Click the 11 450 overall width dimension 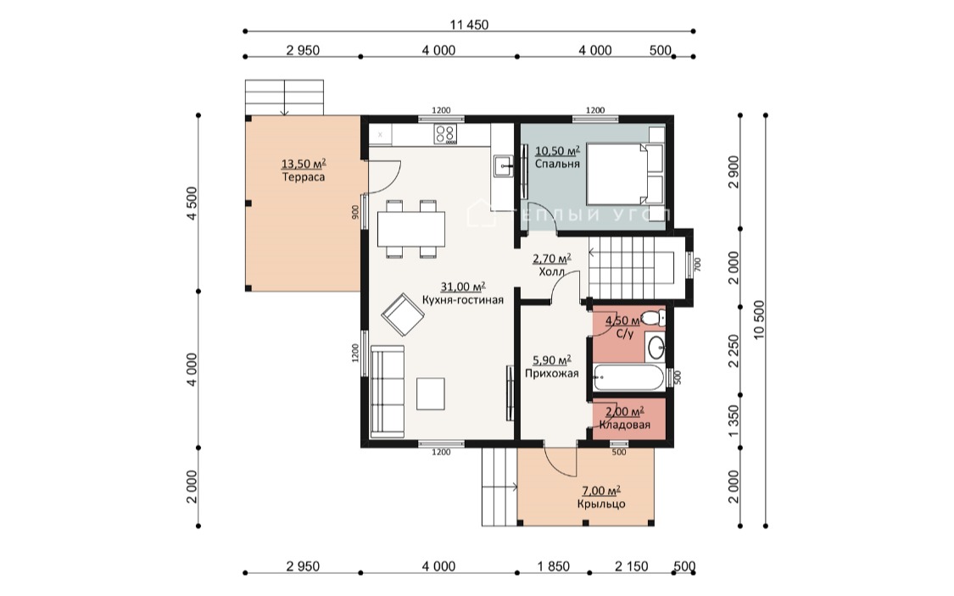click(469, 25)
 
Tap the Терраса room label click(304, 177)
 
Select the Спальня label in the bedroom click(557, 164)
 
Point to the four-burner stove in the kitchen click(445, 135)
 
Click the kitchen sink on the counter click(503, 165)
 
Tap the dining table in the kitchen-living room click(410, 229)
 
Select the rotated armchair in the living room click(403, 315)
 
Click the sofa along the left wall click(387, 391)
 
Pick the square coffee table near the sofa click(430, 393)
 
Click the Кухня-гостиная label click(463, 300)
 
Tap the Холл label click(552, 272)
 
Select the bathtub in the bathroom click(628, 377)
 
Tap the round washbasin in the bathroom click(656, 348)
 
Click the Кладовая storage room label click(625, 425)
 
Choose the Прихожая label click(552, 373)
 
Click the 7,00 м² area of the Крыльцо click(601, 490)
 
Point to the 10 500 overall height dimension click(759, 320)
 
